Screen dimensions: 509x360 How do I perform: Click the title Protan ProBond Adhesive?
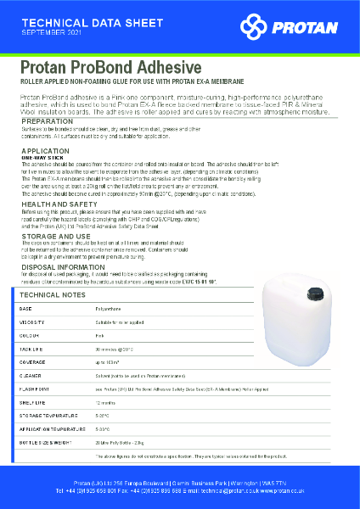(110, 68)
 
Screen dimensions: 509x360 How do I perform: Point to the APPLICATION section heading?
(45, 150)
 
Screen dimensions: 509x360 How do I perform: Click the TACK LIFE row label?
(32, 349)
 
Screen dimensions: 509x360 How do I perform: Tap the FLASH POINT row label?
(36, 388)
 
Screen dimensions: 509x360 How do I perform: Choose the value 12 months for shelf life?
(106, 401)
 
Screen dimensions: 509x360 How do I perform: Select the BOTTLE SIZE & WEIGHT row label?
(48, 441)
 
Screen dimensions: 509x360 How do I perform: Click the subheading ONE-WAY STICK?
(41, 157)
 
